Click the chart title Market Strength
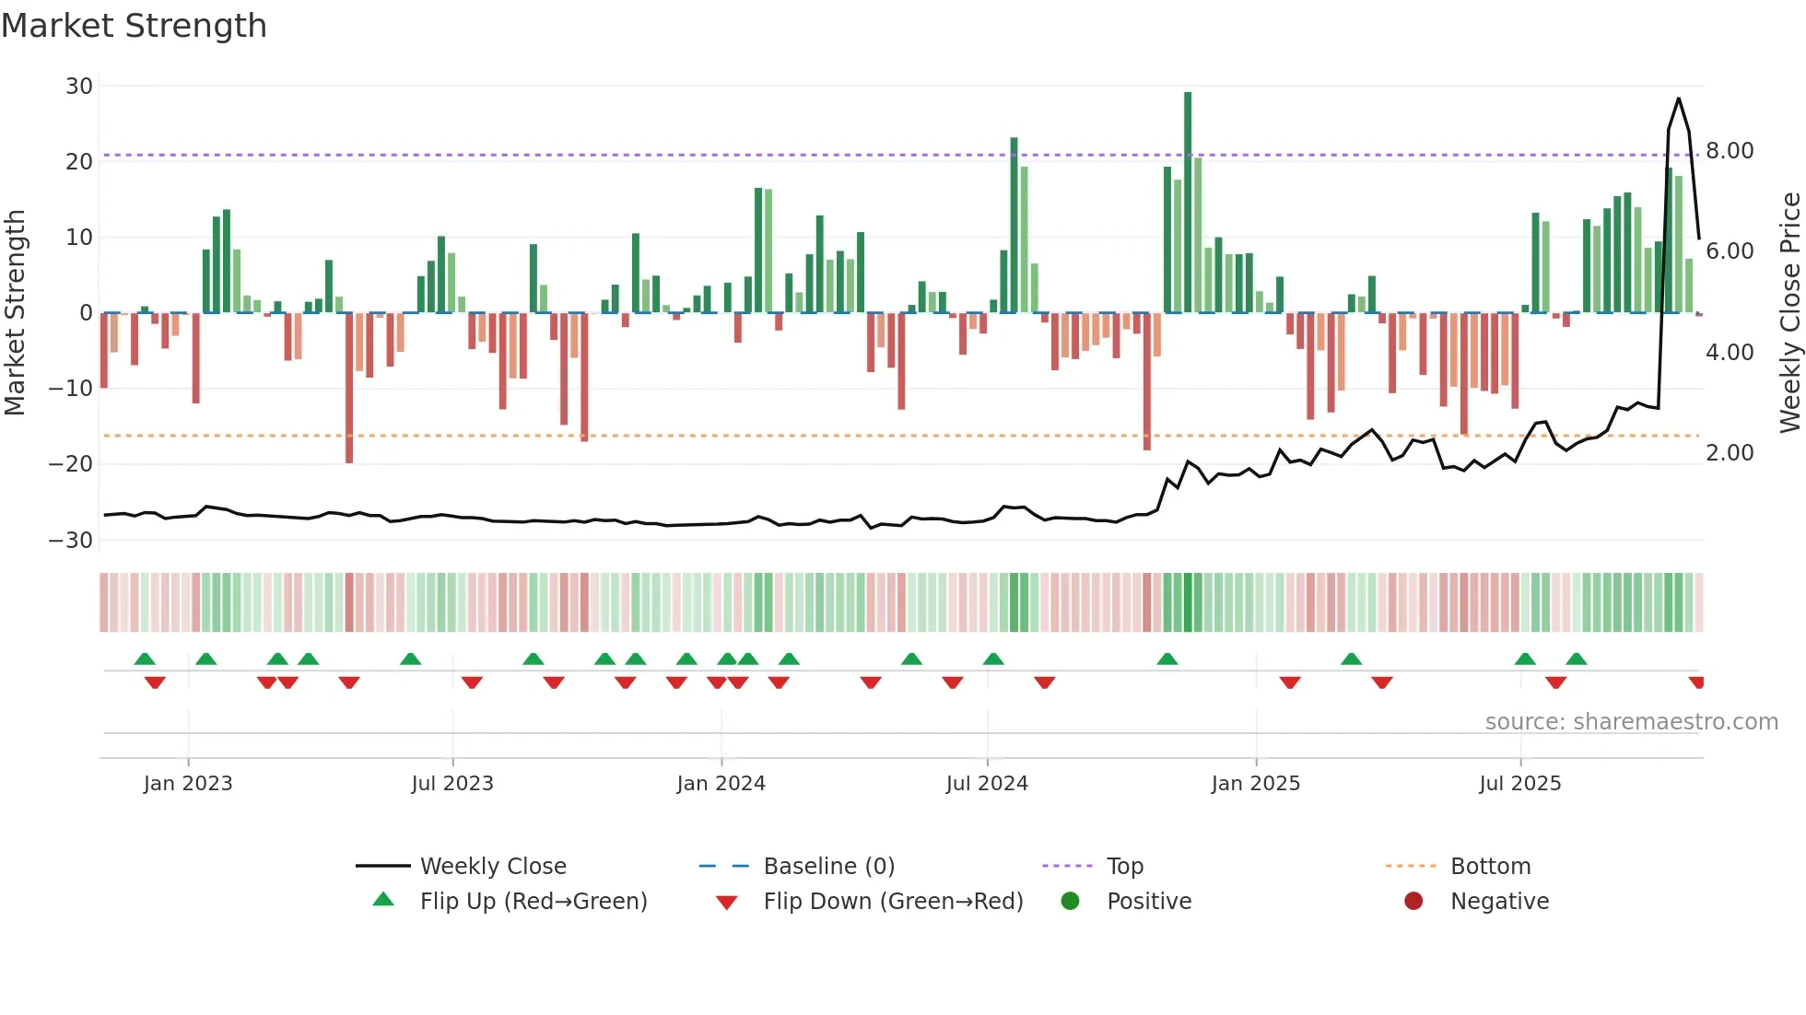[134, 26]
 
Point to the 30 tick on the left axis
[79, 87]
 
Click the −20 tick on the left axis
[72, 464]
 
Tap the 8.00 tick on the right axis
[1730, 151]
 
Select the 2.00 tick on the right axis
[1730, 453]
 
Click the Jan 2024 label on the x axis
[721, 784]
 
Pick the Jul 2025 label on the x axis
[1519, 784]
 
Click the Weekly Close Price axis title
[1789, 312]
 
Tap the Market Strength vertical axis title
[16, 312]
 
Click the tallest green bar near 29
[1188, 203]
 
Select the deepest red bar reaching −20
[349, 387]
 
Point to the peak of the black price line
[1678, 99]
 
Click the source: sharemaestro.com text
[1631, 722]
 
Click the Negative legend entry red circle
[1413, 902]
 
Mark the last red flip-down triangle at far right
[1696, 682]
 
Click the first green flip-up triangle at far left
[145, 659]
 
